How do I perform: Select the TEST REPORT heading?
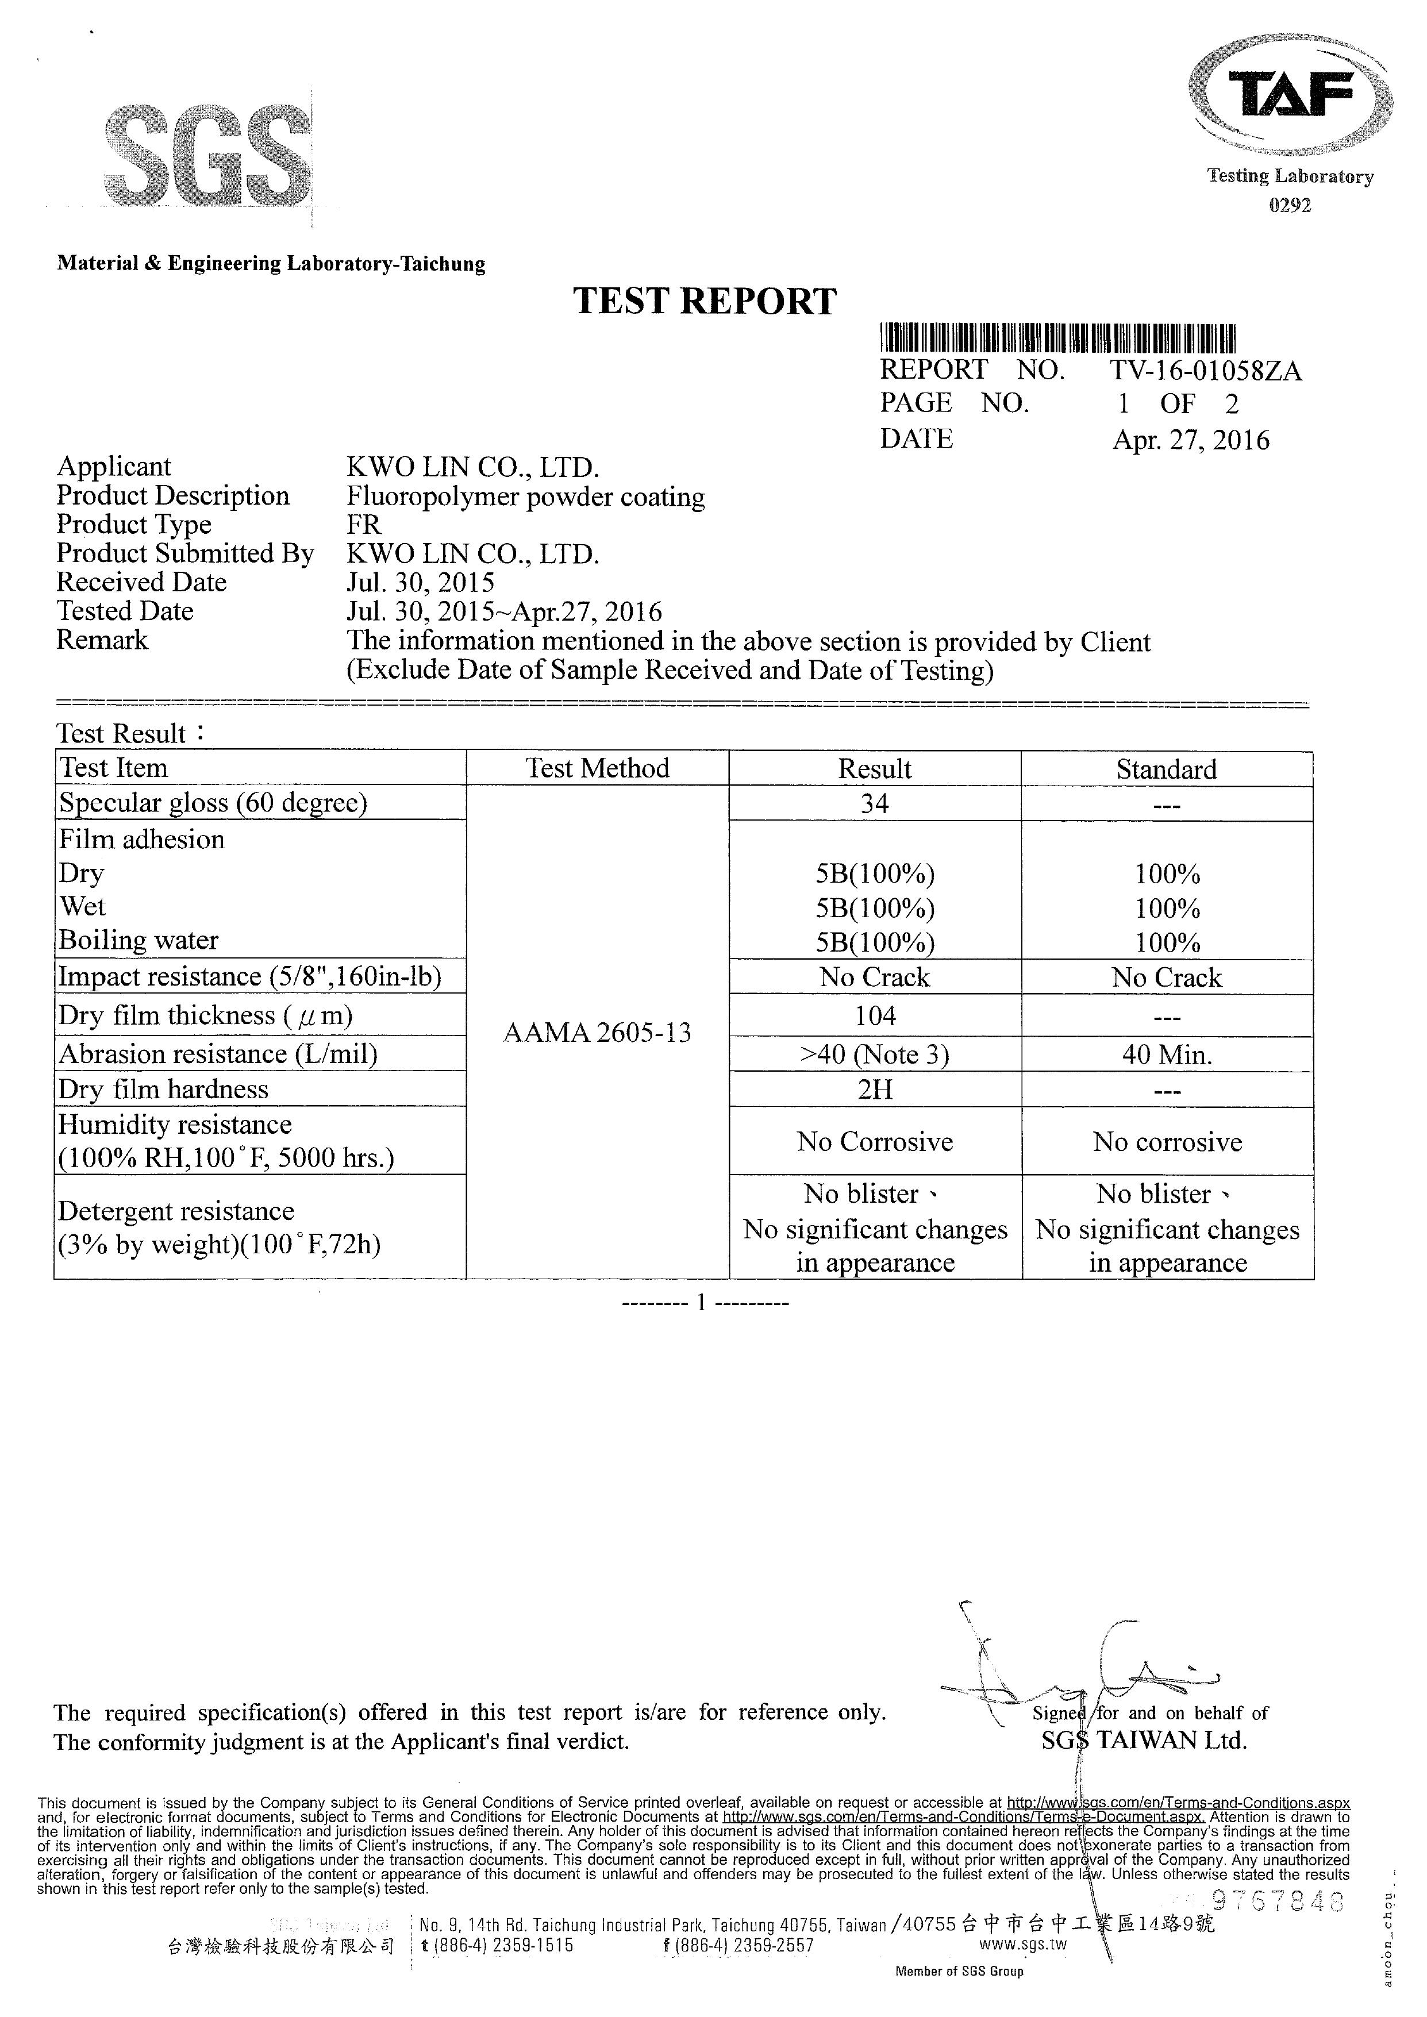pos(705,301)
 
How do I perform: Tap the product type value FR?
pos(364,525)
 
